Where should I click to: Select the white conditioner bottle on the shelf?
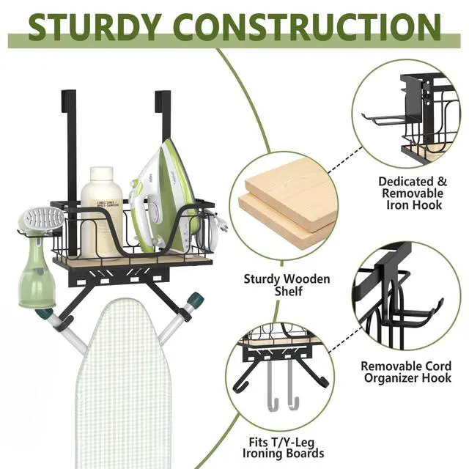click(101, 213)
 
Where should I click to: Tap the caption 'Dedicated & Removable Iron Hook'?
click(410, 193)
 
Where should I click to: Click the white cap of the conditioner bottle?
click(101, 176)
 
